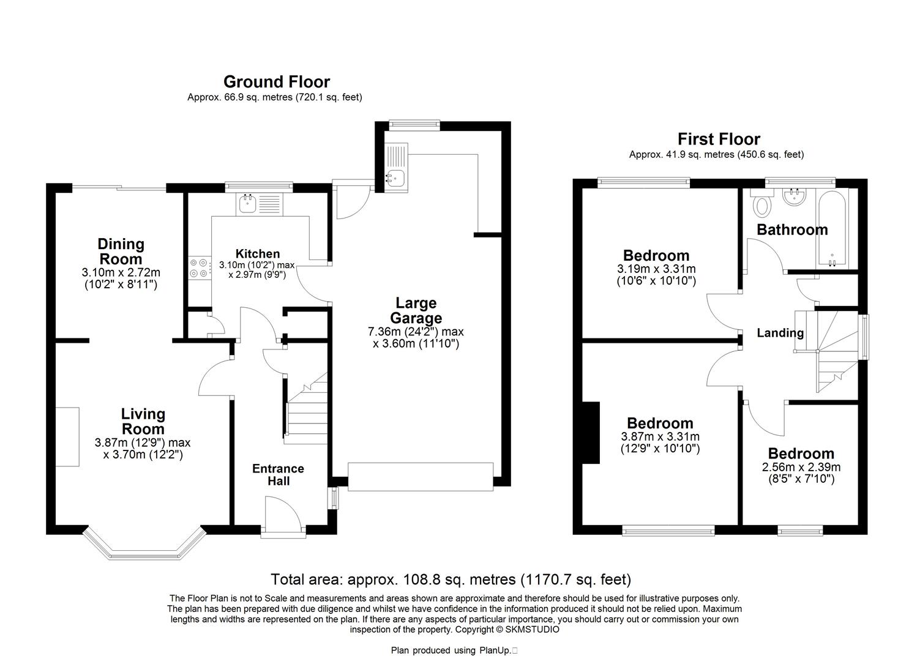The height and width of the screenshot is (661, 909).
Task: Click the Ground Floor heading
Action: click(x=277, y=82)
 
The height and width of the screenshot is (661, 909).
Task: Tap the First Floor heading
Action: click(x=719, y=139)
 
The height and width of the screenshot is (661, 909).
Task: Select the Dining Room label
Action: click(x=121, y=252)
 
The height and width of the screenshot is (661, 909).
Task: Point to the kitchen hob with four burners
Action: click(x=200, y=268)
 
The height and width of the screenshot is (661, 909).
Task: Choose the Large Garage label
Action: click(x=416, y=310)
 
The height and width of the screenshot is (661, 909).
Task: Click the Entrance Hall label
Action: click(x=279, y=475)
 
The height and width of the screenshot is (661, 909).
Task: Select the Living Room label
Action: click(x=143, y=422)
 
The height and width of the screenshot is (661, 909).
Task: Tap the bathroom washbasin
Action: click(x=794, y=198)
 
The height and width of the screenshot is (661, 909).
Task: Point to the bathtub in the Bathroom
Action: click(x=832, y=228)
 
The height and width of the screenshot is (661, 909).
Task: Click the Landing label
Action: click(x=780, y=333)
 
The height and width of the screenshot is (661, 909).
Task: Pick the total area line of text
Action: click(x=451, y=580)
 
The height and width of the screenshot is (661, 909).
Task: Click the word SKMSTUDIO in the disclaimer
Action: click(x=532, y=629)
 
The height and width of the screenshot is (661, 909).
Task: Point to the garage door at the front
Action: click(x=421, y=477)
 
